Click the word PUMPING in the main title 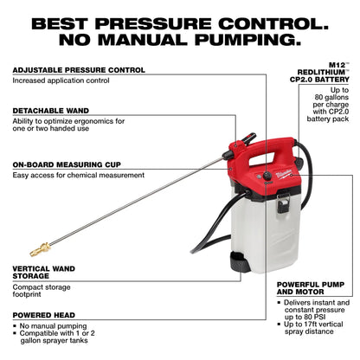(242, 39)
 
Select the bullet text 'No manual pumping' (52, 325)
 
